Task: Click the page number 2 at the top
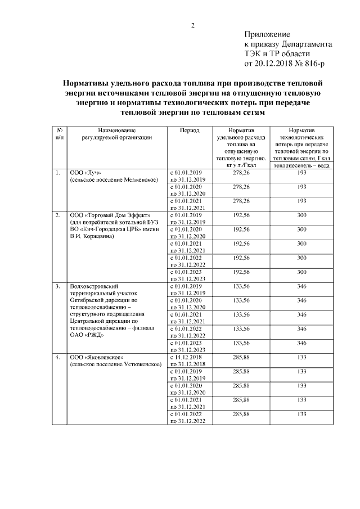tap(192, 25)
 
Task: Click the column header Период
tap(189, 129)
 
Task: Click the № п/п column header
tap(60, 133)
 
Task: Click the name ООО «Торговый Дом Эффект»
tap(108, 215)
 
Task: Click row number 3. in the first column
tap(57, 287)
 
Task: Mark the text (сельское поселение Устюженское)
tap(115, 364)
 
